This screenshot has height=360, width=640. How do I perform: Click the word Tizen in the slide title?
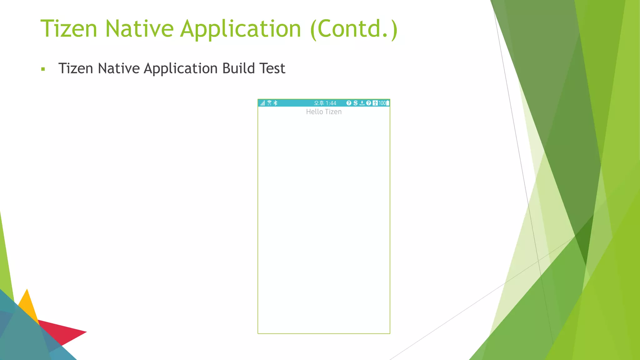pyautogui.click(x=69, y=28)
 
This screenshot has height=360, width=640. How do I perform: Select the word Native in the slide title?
pyautogui.click(x=139, y=28)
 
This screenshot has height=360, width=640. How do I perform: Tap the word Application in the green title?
pyautogui.click(x=241, y=29)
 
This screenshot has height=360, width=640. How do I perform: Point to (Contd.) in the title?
pyautogui.click(x=354, y=29)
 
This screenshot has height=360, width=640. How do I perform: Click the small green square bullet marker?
pyautogui.click(x=43, y=69)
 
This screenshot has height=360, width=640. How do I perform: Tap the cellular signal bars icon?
pyautogui.click(x=263, y=103)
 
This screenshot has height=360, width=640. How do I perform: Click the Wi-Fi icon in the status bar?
pyautogui.click(x=269, y=103)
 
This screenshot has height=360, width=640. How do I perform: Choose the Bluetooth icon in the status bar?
pyautogui.click(x=275, y=103)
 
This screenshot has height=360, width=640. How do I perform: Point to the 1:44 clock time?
pyautogui.click(x=331, y=103)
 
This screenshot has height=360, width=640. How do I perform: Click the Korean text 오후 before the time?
pyautogui.click(x=319, y=103)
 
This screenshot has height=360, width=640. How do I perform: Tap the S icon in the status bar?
pyautogui.click(x=355, y=103)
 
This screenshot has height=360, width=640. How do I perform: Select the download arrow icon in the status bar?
pyautogui.click(x=362, y=103)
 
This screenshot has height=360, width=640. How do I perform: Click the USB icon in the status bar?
pyautogui.click(x=375, y=103)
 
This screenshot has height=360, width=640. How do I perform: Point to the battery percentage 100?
pyautogui.click(x=382, y=103)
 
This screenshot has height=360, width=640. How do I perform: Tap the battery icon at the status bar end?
pyautogui.click(x=387, y=103)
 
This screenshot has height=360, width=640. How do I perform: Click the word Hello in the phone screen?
pyautogui.click(x=314, y=112)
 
